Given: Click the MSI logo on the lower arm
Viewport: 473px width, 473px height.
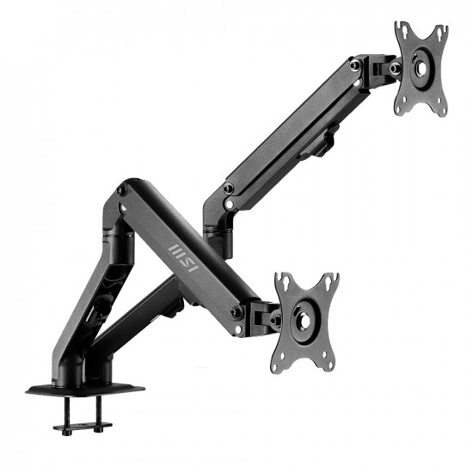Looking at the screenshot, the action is [x=183, y=259].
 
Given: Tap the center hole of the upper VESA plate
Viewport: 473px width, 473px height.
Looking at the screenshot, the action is [x=422, y=69].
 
